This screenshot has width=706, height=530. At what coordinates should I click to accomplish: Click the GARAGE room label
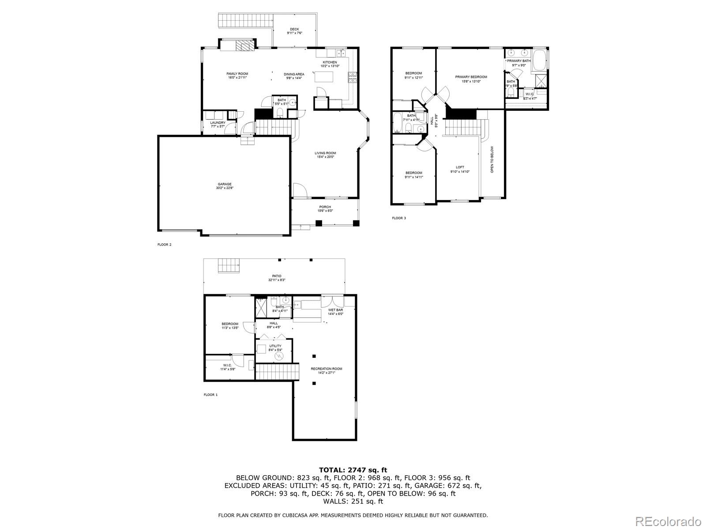coord(224,184)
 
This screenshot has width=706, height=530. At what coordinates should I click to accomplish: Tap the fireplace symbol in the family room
coord(242,46)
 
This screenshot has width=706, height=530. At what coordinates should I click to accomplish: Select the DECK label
coord(294,29)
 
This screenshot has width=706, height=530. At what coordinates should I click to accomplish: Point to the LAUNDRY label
coord(218,123)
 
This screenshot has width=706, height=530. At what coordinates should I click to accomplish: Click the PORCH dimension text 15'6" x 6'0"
coord(325,211)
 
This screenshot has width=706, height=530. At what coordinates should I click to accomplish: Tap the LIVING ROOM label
coord(325,153)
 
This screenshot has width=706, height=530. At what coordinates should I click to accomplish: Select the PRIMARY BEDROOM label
coord(471,77)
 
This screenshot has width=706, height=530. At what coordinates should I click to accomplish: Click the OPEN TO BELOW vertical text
coord(492,159)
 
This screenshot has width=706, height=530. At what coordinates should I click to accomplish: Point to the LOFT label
coord(460,167)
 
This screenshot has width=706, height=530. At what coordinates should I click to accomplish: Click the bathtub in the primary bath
coord(539,60)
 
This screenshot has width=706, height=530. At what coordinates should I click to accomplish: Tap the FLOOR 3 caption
coord(398,218)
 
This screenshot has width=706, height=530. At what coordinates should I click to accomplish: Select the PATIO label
coord(277,276)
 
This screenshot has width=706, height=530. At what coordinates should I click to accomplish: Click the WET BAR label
coord(335,310)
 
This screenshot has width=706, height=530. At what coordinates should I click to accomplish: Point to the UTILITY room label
coord(275,346)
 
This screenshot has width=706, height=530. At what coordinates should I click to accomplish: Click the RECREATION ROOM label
coord(326,368)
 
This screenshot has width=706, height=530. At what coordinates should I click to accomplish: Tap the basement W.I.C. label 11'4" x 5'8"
coord(228,369)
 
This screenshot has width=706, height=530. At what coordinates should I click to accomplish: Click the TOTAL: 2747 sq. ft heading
coord(353,470)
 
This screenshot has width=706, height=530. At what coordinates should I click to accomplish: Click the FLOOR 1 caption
coord(210,394)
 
